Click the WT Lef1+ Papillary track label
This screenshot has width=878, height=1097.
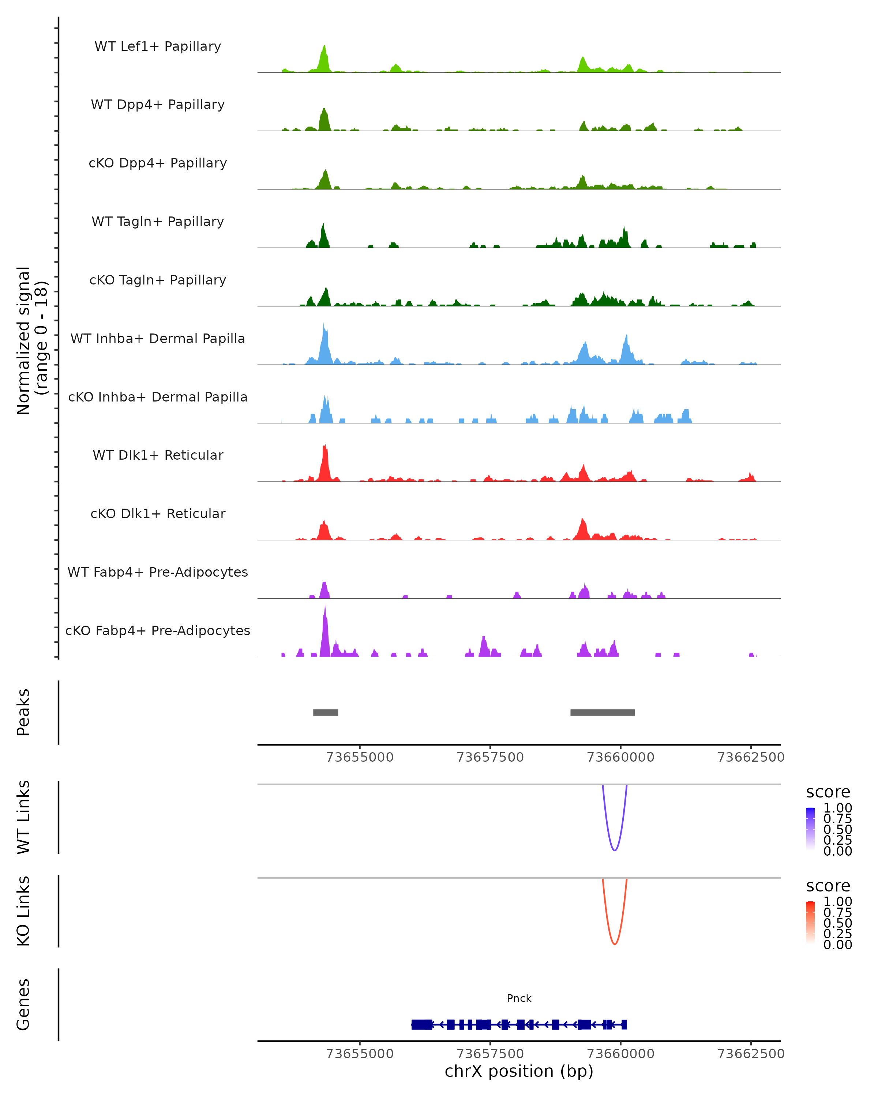pos(158,46)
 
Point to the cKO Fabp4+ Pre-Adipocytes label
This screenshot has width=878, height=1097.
pos(158,630)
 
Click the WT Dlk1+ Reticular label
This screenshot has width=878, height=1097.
pos(158,455)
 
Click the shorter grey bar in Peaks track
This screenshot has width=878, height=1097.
pos(325,712)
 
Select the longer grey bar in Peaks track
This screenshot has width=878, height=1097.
pos(602,712)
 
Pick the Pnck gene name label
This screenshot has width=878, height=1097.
pos(519,998)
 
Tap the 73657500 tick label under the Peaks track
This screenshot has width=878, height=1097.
pos(490,757)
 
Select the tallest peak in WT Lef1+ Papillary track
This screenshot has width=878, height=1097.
pos(324,47)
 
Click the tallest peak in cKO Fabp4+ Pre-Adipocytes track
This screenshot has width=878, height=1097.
pos(325,607)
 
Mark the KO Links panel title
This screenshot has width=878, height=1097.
pos(23,911)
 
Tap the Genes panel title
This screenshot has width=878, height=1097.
pos(23,1004)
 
